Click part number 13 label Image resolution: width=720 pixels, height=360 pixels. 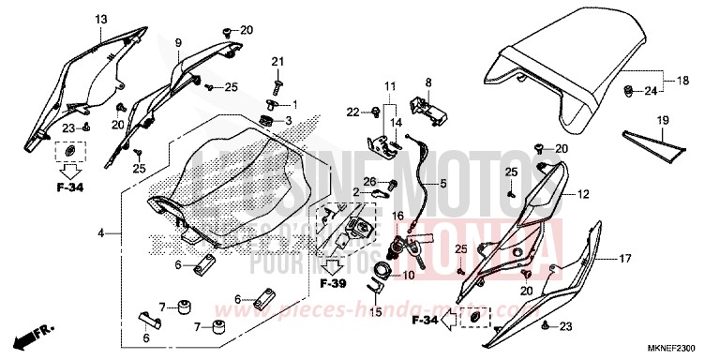pyautogui.click(x=101, y=20)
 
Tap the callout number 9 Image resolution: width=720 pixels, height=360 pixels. pyautogui.click(x=177, y=42)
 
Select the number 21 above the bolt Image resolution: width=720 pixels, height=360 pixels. pyautogui.click(x=277, y=62)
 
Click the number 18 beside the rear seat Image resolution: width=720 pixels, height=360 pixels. pyautogui.click(x=682, y=81)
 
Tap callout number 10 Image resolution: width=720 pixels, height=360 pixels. pyautogui.click(x=408, y=276)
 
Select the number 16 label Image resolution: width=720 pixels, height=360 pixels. pyautogui.click(x=397, y=215)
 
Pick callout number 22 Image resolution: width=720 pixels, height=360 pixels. pyautogui.click(x=353, y=112)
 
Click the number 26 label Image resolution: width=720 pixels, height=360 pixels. pyautogui.click(x=369, y=182)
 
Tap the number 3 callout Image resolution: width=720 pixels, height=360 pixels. pyautogui.click(x=290, y=121)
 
